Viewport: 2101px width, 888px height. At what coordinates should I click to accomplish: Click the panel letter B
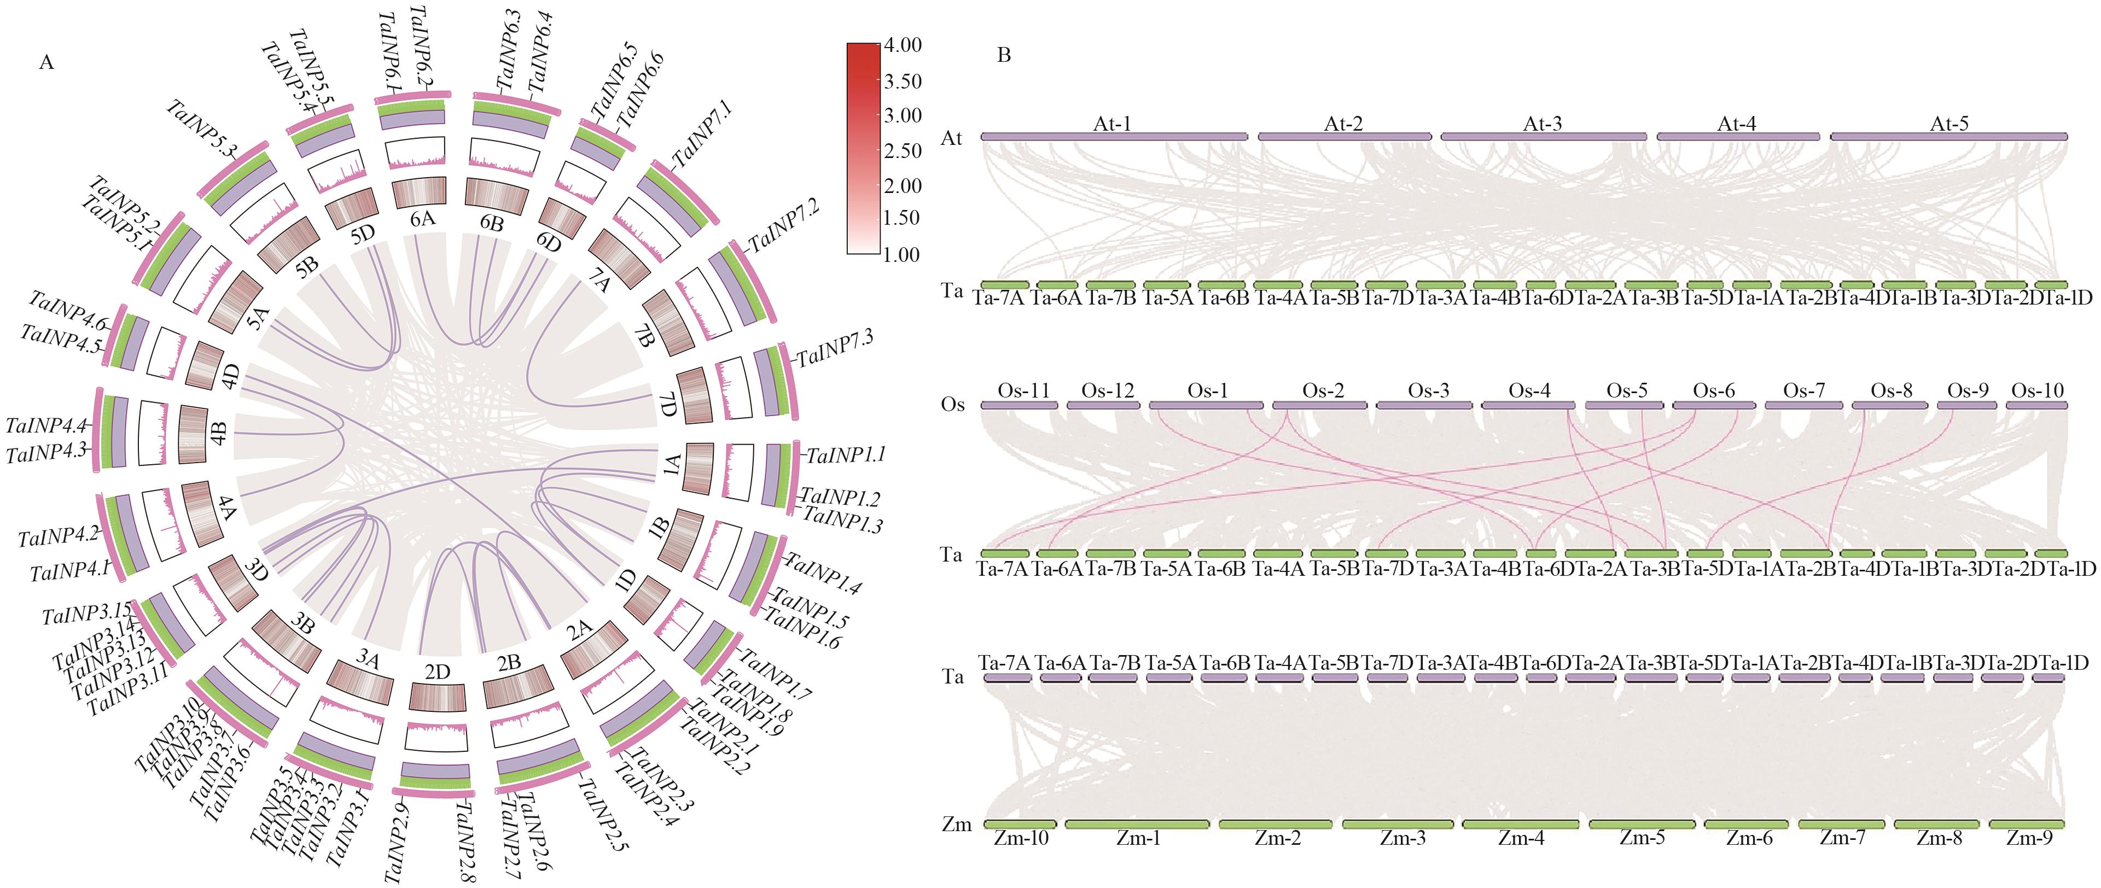[1004, 55]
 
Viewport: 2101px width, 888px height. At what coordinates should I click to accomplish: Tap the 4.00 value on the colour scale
[903, 45]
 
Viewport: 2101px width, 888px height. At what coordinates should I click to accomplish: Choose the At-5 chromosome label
[1949, 124]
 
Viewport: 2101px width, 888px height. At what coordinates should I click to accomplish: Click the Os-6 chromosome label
[1714, 390]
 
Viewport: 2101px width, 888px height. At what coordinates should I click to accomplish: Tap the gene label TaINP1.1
[846, 455]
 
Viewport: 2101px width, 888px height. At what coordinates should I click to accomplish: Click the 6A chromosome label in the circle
[422, 219]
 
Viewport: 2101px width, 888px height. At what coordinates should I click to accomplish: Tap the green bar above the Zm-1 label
[1137, 825]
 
